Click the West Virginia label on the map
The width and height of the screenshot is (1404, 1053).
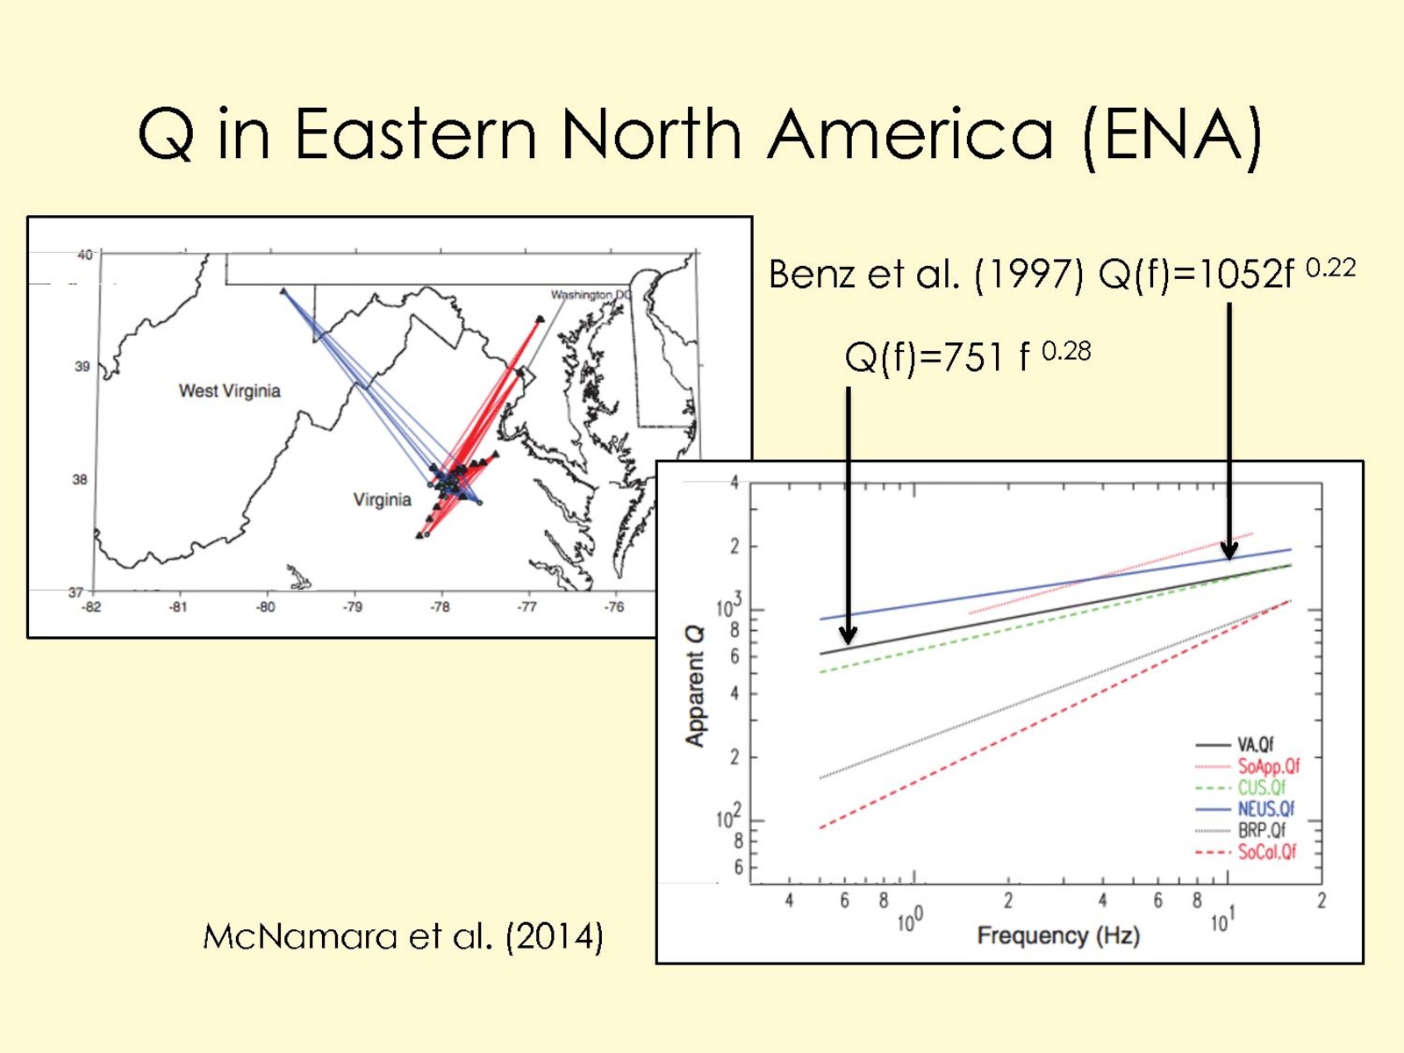point(230,390)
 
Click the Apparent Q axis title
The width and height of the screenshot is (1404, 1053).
point(695,686)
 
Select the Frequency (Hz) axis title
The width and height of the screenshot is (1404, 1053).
point(1058,936)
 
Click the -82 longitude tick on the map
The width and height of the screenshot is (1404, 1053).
point(91,606)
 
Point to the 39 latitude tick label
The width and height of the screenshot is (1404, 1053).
point(82,366)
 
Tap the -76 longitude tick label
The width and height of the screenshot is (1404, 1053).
point(614,606)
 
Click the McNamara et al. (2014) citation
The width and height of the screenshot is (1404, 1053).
point(403,937)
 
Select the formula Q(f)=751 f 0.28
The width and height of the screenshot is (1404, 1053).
point(968,356)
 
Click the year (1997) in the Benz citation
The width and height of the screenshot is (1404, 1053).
point(1028,275)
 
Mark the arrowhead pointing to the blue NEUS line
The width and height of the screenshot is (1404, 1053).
point(1228,550)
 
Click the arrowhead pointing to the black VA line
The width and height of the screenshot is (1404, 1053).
point(849,634)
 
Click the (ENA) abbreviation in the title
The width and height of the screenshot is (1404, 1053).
point(1173,136)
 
